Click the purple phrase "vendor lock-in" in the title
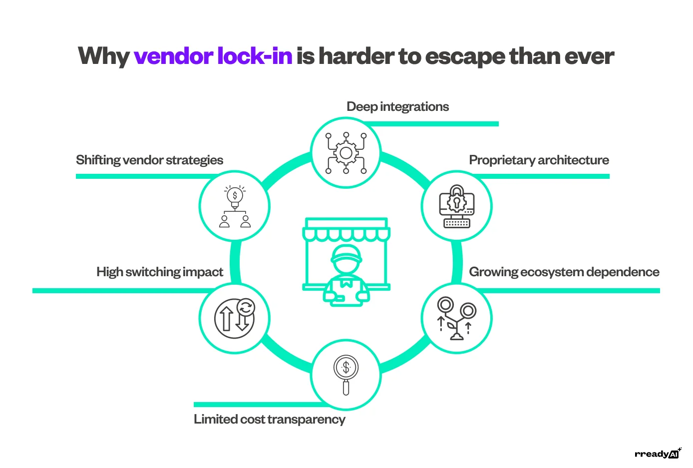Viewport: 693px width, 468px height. [x=213, y=56]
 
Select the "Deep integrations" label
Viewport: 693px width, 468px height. [x=397, y=107]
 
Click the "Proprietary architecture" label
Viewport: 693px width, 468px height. [x=539, y=160]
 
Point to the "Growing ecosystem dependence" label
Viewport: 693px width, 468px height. [x=564, y=272]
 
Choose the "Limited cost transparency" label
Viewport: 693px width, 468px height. [x=269, y=420]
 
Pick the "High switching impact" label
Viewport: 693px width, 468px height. [x=159, y=272]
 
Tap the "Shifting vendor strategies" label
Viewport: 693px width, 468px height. [x=149, y=160]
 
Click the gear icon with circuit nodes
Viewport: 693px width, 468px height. [x=346, y=153]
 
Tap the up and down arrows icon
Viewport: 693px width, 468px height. [x=234, y=318]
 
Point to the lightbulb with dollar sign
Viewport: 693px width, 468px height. [x=235, y=196]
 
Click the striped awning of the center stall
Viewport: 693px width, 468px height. [x=346, y=233]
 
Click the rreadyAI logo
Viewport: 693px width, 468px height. [x=657, y=454]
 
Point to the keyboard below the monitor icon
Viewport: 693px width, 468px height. [x=456, y=223]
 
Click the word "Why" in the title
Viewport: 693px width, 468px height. [x=104, y=56]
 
